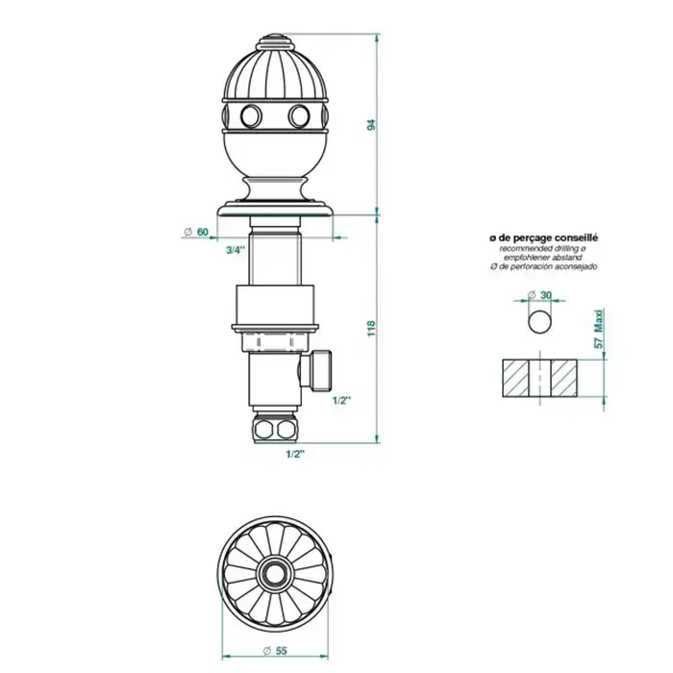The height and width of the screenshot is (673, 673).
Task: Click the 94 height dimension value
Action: (372, 124)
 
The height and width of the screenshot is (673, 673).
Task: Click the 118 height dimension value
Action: (372, 329)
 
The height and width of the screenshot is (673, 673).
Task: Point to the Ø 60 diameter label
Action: (196, 233)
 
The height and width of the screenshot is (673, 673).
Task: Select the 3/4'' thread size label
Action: (236, 250)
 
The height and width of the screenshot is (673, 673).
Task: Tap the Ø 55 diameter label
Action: (275, 651)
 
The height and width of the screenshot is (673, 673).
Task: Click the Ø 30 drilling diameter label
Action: (539, 295)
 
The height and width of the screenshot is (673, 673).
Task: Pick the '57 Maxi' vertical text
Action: (599, 329)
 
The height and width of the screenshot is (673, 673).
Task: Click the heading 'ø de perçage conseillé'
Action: (543, 237)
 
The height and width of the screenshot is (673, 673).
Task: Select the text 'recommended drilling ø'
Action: (543, 248)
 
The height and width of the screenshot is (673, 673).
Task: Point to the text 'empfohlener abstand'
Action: (543, 258)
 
